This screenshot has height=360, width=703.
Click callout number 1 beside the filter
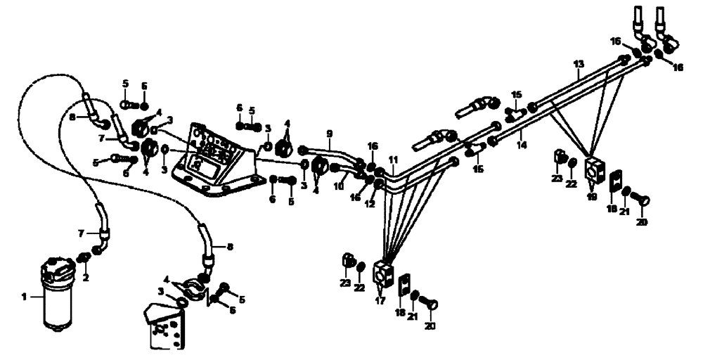click(25, 297)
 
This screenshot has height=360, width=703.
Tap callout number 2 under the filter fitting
click(85, 278)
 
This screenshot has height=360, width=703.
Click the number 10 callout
click(340, 187)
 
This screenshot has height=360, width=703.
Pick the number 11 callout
click(394, 160)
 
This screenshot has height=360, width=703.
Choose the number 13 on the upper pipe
click(579, 64)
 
